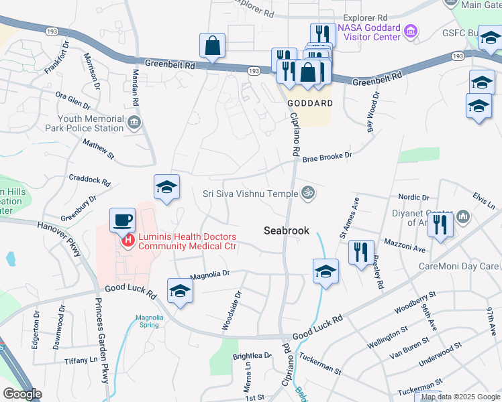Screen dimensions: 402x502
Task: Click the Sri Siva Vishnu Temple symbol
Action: pos(308,193)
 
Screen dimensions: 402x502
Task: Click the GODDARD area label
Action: pos(310,104)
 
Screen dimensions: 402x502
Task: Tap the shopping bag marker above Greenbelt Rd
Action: pos(212,46)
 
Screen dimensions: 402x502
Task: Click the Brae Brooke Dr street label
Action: pos(327,156)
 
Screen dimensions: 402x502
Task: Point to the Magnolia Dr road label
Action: pos(210,273)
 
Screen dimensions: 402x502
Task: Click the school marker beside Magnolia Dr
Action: pos(180,291)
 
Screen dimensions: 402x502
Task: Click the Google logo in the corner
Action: pos(22,395)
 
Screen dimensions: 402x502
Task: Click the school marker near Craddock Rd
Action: pos(166,187)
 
